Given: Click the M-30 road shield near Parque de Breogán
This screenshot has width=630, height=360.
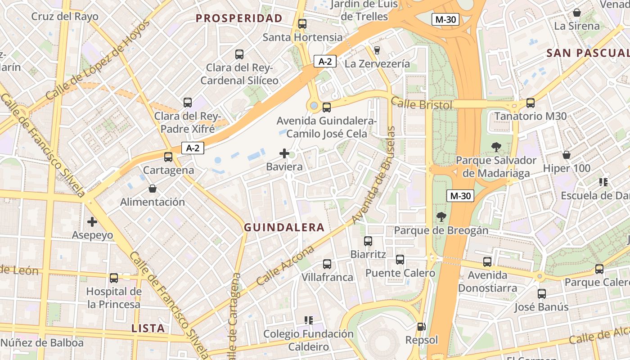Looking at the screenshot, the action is point(460,196).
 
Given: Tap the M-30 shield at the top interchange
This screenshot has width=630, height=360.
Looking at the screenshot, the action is point(445,19).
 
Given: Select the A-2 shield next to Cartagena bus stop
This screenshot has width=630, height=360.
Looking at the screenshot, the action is point(193,148).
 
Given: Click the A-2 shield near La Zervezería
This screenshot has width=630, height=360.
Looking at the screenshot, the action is point(325,62).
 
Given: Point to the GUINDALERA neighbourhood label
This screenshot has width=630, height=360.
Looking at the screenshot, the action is point(284,227).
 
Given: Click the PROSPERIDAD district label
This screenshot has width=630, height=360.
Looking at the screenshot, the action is point(239,18).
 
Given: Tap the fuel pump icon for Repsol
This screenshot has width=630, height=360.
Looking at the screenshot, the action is point(421,327).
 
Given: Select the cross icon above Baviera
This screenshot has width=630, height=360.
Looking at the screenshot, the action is point(284,154).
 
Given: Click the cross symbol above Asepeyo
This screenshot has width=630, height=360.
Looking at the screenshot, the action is point(92,222).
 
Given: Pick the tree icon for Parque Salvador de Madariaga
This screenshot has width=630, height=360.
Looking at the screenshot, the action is point(496,147).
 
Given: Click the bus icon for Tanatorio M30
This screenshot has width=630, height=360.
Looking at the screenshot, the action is point(531,103).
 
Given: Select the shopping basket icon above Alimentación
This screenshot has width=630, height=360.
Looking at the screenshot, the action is point(153,189).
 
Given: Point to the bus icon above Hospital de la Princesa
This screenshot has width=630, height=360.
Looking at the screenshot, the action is point(114,278).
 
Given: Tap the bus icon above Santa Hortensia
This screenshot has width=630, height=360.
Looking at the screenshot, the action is point(302,24).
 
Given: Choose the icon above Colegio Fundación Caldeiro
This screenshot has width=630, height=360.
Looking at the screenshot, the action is point(308,320).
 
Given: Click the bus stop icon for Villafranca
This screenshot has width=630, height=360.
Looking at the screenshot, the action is point(327,264).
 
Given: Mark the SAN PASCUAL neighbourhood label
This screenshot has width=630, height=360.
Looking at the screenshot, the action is point(587,53).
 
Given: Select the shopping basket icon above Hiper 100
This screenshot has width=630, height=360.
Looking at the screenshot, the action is point(567,155).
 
